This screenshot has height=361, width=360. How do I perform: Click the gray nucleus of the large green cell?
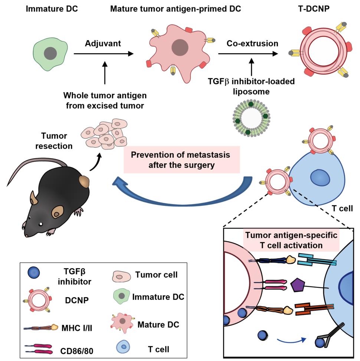pos(50,54)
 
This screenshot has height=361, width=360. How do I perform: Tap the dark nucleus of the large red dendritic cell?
pos(180,47)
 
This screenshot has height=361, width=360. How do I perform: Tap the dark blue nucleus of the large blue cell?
pos(320,177)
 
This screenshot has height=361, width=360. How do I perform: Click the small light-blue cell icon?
pos(123,347)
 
